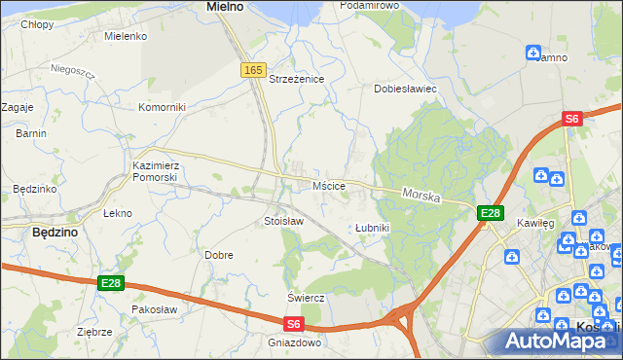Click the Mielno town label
(x=225, y=6)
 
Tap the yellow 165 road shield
(x=254, y=70)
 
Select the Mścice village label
(x=329, y=185)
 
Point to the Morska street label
(x=421, y=196)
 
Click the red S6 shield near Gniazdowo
(x=295, y=324)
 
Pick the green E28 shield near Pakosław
(x=111, y=283)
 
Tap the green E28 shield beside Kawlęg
(x=490, y=213)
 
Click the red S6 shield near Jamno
(x=572, y=119)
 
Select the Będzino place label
(x=55, y=233)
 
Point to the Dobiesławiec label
(x=405, y=89)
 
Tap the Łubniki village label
(x=372, y=228)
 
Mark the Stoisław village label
(x=284, y=221)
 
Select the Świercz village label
(x=305, y=297)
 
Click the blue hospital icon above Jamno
(x=533, y=52)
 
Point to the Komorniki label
(x=162, y=107)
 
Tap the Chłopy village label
(x=37, y=24)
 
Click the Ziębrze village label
(x=94, y=332)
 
